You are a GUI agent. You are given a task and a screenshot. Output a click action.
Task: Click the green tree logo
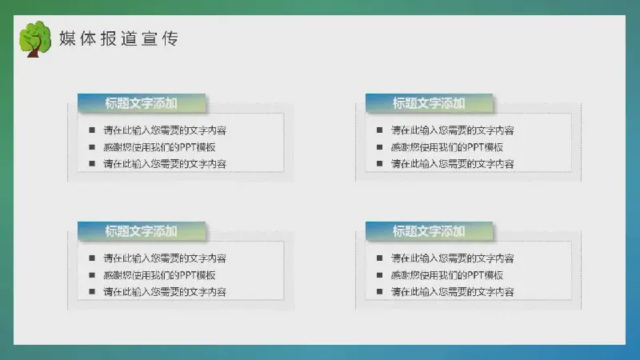pyautogui.click(x=35, y=38)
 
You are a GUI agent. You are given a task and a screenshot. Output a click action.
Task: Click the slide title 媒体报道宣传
pyautogui.click(x=118, y=38)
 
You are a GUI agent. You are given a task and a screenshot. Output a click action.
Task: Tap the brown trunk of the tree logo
pyautogui.click(x=34, y=50)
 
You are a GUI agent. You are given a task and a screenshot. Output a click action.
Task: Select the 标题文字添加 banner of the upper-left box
pyautogui.click(x=142, y=103)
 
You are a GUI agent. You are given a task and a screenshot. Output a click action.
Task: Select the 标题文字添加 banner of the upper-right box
pyautogui.click(x=429, y=103)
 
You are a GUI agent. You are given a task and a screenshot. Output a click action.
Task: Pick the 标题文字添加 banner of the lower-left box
pyautogui.click(x=142, y=231)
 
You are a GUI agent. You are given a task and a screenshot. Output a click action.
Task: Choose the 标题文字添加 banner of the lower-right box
pyautogui.click(x=429, y=231)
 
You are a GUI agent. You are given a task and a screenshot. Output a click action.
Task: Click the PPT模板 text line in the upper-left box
pyautogui.click(x=159, y=147)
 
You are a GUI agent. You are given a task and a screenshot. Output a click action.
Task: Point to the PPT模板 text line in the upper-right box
pyautogui.click(x=447, y=147)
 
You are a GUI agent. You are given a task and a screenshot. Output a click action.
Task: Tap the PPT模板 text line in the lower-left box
pyautogui.click(x=159, y=275)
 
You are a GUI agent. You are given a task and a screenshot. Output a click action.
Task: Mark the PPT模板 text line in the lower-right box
pyautogui.click(x=447, y=275)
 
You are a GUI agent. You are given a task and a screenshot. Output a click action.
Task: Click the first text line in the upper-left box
pyautogui.click(x=165, y=130)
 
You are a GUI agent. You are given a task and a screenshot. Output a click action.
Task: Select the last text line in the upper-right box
pyautogui.click(x=452, y=164)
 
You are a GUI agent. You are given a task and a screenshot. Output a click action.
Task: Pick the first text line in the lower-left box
pyautogui.click(x=165, y=258)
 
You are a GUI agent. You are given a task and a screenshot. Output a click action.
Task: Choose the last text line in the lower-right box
pyautogui.click(x=452, y=292)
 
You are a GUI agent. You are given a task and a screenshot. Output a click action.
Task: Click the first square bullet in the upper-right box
pyautogui.click(x=379, y=130)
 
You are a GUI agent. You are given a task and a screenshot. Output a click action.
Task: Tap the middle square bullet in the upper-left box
pyautogui.click(x=92, y=147)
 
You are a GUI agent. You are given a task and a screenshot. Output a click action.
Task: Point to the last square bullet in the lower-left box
pyautogui.click(x=92, y=291)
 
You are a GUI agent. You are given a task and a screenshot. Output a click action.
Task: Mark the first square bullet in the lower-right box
pyautogui.click(x=379, y=258)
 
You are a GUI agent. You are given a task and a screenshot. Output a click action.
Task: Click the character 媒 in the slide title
pyautogui.click(x=67, y=38)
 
